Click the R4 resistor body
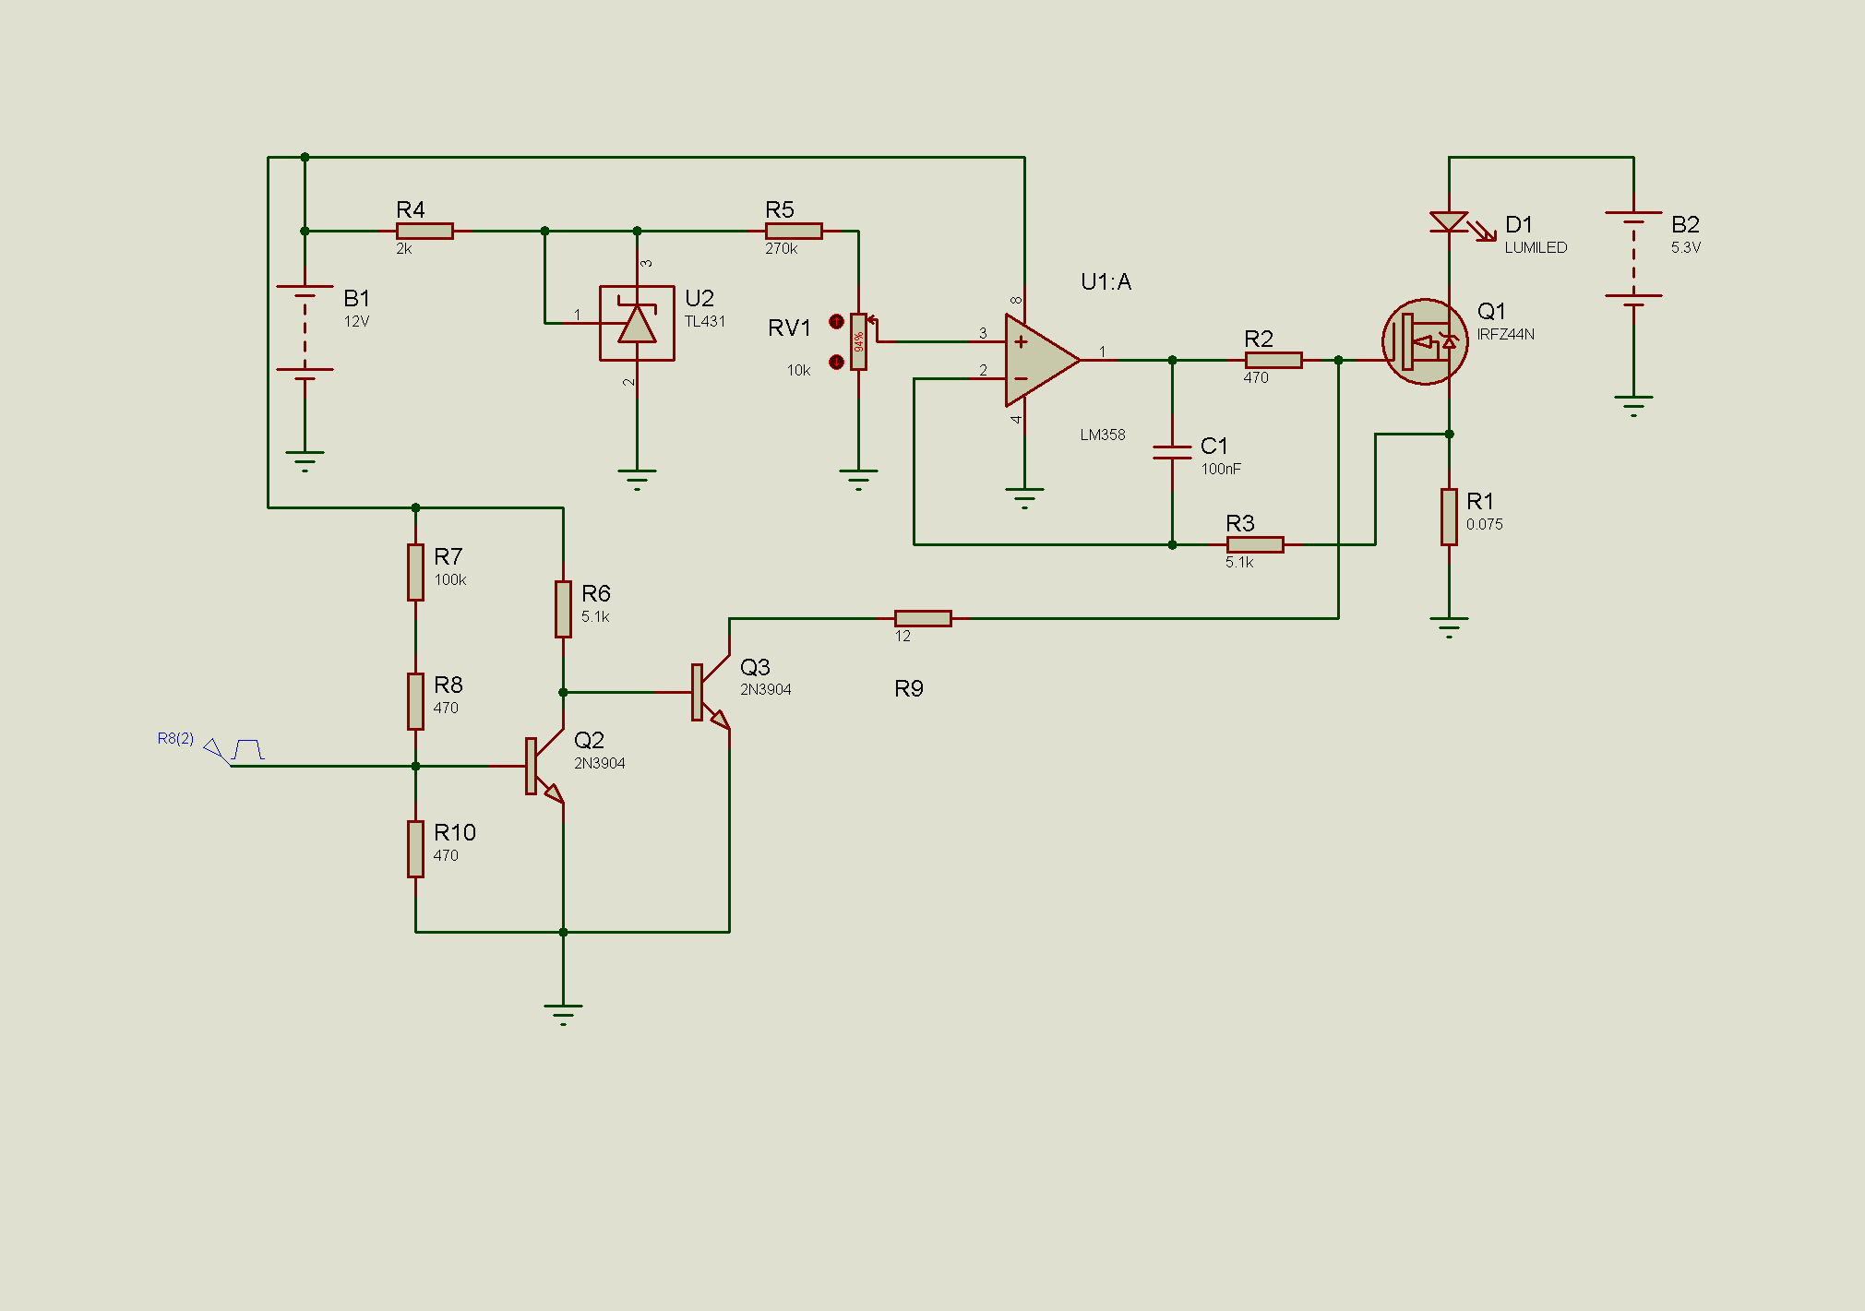[x=424, y=231]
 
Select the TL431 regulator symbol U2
[x=637, y=323]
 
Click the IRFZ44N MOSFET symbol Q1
[x=1425, y=341]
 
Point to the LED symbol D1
[x=1449, y=222]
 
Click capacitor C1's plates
[x=1172, y=451]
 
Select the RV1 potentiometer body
[x=858, y=341]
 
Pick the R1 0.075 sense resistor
[x=1449, y=517]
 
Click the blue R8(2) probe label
[x=175, y=738]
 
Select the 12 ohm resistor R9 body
[x=923, y=618]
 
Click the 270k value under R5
[x=781, y=248]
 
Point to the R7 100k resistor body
[x=415, y=572]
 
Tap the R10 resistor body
[x=415, y=849]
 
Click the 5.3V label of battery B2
[x=1685, y=247]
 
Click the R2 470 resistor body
[x=1273, y=360]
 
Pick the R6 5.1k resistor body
[x=563, y=609]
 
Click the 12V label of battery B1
[x=356, y=321]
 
